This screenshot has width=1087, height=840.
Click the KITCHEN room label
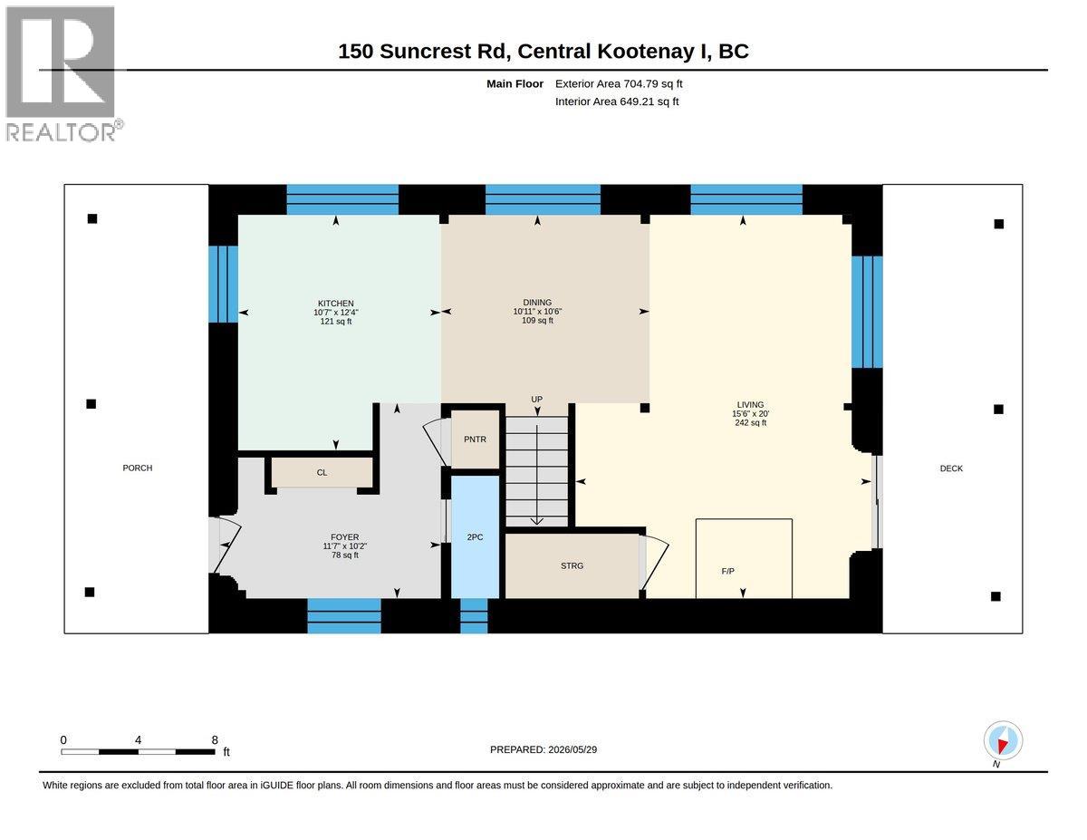(336, 304)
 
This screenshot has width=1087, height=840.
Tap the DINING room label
(537, 302)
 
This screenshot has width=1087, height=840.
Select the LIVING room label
(750, 405)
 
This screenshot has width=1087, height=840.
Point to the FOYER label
(344, 536)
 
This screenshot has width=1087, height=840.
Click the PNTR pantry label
(475, 439)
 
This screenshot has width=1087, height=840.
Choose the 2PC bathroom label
(475, 537)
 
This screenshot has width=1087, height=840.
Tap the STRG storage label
(572, 565)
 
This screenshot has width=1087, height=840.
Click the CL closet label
(322, 472)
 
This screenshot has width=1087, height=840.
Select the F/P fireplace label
(727, 571)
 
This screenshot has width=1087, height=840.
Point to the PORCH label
(138, 468)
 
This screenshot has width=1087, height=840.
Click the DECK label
(951, 468)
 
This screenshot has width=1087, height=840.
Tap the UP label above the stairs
(537, 400)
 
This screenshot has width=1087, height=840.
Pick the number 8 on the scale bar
(215, 740)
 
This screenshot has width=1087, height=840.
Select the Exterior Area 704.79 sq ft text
(619, 84)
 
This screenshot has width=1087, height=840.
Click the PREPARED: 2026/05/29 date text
(543, 749)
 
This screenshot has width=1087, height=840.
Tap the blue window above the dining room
(543, 199)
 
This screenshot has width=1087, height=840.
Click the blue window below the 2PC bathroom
(474, 616)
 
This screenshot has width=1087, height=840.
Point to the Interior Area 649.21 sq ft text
(617, 101)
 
